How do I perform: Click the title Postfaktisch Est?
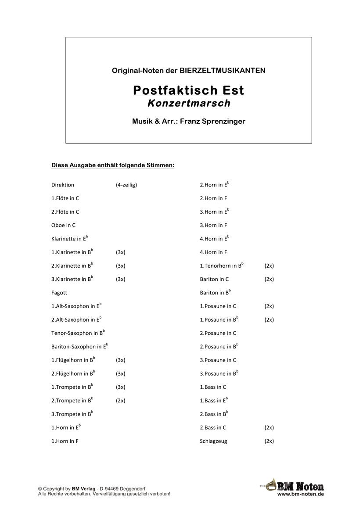coord(188,90)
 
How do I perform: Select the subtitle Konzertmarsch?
coord(189,104)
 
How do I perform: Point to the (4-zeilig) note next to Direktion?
coord(126,185)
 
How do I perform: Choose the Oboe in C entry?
coord(63,226)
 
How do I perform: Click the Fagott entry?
coord(59,293)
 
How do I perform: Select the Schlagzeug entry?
coord(213,441)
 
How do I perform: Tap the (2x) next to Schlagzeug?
coord(269,441)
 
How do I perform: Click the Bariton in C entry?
coord(214,279)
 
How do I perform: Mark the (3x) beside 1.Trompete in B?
coord(121,387)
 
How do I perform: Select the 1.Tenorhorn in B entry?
coord(221,265)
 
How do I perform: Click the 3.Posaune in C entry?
coord(218,360)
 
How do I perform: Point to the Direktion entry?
coord(63,185)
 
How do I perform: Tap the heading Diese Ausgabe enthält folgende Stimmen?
coord(113,165)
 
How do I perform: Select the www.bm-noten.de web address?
coord(301,494)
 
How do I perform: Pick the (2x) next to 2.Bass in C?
coord(269,427)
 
